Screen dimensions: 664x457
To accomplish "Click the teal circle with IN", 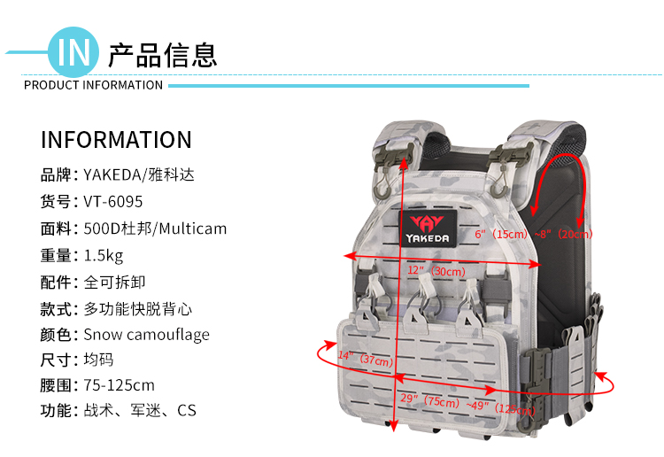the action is coord(73,52).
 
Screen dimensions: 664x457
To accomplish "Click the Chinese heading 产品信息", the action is coord(163,56).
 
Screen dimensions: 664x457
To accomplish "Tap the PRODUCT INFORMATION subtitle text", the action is coord(93,85).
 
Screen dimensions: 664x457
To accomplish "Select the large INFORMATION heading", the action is coord(116,140).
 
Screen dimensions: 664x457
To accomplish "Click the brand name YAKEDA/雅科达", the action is coord(139,174).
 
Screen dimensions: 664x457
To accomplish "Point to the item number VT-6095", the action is coord(113,202).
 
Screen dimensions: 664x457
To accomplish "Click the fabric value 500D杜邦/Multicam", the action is coord(155,228).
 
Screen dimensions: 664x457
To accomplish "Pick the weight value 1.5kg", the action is coord(104,256).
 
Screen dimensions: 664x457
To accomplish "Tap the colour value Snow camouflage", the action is coord(146,335).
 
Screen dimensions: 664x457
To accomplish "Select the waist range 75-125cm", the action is coord(119,385).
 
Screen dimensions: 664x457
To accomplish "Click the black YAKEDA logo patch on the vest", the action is coord(429,228).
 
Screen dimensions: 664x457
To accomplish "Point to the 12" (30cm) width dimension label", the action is coord(436,271).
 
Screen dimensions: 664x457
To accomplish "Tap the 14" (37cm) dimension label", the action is coord(366,359).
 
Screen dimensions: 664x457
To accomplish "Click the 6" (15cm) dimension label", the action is coord(501,234).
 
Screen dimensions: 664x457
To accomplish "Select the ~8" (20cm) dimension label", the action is coord(563,234).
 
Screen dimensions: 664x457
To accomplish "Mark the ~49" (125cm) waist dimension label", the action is coord(501,407).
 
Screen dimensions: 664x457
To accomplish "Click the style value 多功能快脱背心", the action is coord(137,309).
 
